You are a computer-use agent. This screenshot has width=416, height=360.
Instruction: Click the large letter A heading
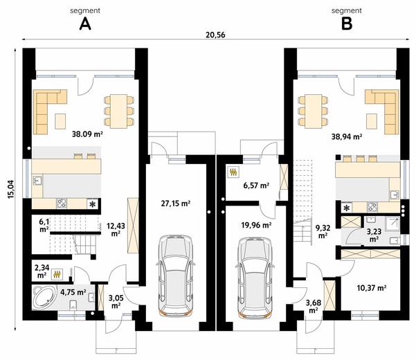click(85, 24)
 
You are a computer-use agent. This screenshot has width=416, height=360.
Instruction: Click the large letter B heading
click(347, 24)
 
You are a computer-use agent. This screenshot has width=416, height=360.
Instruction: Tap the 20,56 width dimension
click(215, 35)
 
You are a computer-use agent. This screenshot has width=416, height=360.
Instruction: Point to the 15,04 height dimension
click(11, 189)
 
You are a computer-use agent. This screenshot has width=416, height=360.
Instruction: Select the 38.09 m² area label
click(87, 134)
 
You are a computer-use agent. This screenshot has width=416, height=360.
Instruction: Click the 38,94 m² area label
click(347, 137)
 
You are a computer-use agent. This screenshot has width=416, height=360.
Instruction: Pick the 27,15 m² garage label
click(175, 204)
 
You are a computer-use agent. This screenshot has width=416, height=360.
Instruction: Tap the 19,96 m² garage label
click(256, 225)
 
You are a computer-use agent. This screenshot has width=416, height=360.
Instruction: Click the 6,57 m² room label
click(256, 186)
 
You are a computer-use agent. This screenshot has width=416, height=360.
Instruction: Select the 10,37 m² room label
click(372, 287)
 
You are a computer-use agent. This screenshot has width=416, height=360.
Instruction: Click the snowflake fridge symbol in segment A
click(93, 204)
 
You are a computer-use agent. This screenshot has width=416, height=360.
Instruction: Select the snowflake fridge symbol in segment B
click(347, 208)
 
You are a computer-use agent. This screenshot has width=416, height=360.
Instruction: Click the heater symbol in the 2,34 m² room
click(57, 274)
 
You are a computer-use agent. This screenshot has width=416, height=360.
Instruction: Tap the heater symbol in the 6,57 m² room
click(233, 172)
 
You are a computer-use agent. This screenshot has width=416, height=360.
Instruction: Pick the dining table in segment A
click(119, 111)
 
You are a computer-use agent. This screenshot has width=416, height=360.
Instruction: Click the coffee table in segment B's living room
click(372, 121)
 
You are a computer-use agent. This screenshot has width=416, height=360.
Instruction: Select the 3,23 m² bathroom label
click(374, 235)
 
